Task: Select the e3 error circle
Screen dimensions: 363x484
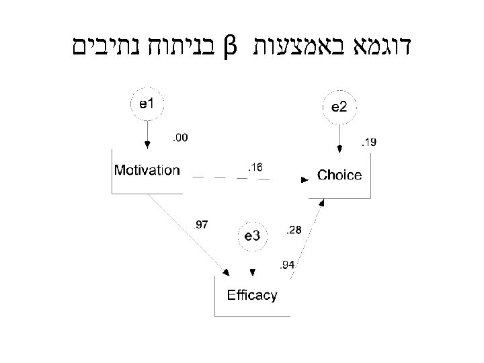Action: coord(252,235)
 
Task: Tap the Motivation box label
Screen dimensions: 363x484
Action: coord(147,170)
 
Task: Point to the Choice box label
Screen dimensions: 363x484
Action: coord(339,176)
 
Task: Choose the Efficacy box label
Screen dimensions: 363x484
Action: coord(252,295)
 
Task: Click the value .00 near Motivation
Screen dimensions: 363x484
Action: coord(179,138)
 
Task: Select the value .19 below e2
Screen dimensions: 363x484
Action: coord(369,142)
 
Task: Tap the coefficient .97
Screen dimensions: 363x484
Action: coord(202,224)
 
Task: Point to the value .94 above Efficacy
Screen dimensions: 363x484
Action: coord(287,266)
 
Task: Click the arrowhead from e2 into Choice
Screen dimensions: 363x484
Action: coord(340,150)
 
